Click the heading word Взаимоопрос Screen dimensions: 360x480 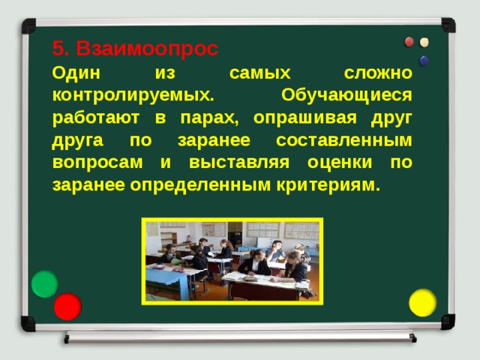pyautogui.click(x=147, y=49)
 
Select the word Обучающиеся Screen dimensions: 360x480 pyautogui.click(x=346, y=95)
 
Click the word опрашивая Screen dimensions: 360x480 pyautogui.click(x=295, y=118)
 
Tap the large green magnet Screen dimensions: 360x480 pyautogui.click(x=45, y=284)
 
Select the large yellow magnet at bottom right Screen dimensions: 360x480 pyautogui.click(x=422, y=302)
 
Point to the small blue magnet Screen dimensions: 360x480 pyautogui.click(x=424, y=60)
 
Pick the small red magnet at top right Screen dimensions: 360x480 pyautogui.click(x=409, y=41)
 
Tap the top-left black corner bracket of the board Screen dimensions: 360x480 pyautogui.click(x=28, y=26)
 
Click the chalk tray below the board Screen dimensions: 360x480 pyautogui.click(x=240, y=337)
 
